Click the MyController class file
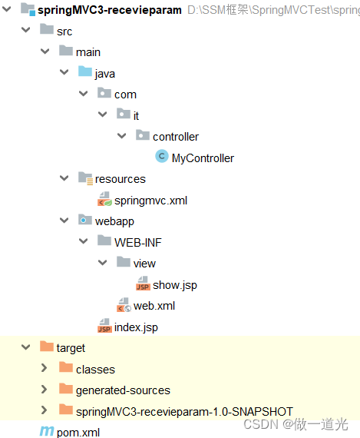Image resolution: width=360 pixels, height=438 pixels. (x=203, y=158)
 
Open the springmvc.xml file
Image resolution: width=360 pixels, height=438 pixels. (x=150, y=201)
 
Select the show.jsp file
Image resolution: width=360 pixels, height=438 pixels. (x=175, y=284)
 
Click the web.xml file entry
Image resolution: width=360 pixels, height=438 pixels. (x=154, y=306)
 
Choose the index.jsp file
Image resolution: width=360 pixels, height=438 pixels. (x=136, y=327)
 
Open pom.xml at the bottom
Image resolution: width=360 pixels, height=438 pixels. (x=78, y=432)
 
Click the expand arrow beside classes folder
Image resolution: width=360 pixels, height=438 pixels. (x=44, y=369)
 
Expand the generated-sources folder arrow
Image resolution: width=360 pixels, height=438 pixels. (x=44, y=390)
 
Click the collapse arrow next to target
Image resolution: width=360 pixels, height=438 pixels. (x=25, y=348)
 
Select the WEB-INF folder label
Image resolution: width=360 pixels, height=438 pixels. (x=138, y=242)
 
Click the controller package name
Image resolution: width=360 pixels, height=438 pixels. (x=176, y=137)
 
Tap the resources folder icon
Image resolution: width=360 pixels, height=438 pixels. (x=85, y=178)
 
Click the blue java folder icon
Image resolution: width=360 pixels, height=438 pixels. (x=85, y=73)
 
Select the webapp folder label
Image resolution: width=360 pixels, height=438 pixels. (x=114, y=221)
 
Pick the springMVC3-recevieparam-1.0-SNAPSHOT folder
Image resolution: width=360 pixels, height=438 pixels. (x=184, y=410)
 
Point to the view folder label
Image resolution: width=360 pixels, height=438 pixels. (x=144, y=263)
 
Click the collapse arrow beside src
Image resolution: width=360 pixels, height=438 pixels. (x=25, y=31)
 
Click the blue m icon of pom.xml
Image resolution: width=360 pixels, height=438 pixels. (x=46, y=432)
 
